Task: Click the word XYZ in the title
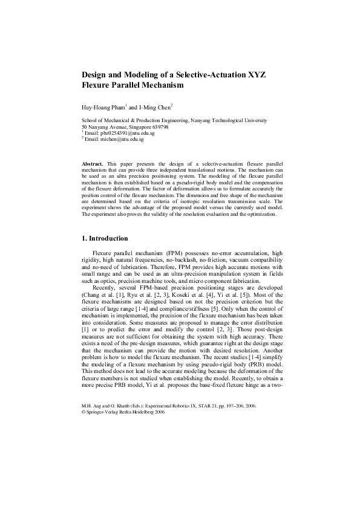click(x=255, y=74)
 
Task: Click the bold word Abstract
click(x=93, y=164)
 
